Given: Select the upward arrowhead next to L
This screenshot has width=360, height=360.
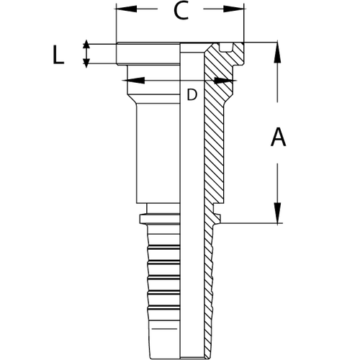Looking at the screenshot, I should point(87,42).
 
